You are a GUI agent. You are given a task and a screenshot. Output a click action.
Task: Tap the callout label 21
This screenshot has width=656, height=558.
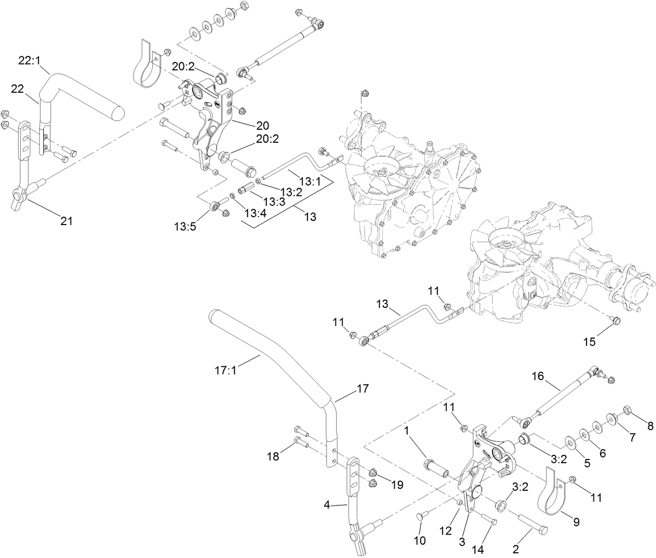coord(66,221)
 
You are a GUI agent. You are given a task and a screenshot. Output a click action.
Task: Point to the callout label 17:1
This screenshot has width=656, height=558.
coord(225,371)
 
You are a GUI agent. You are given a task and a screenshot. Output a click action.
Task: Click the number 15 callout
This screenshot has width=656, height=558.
coord(589,342)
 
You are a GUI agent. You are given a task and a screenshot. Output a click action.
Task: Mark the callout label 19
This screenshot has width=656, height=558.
coord(397,485)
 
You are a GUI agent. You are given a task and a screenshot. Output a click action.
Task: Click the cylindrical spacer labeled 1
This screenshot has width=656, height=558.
coord(437,466)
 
